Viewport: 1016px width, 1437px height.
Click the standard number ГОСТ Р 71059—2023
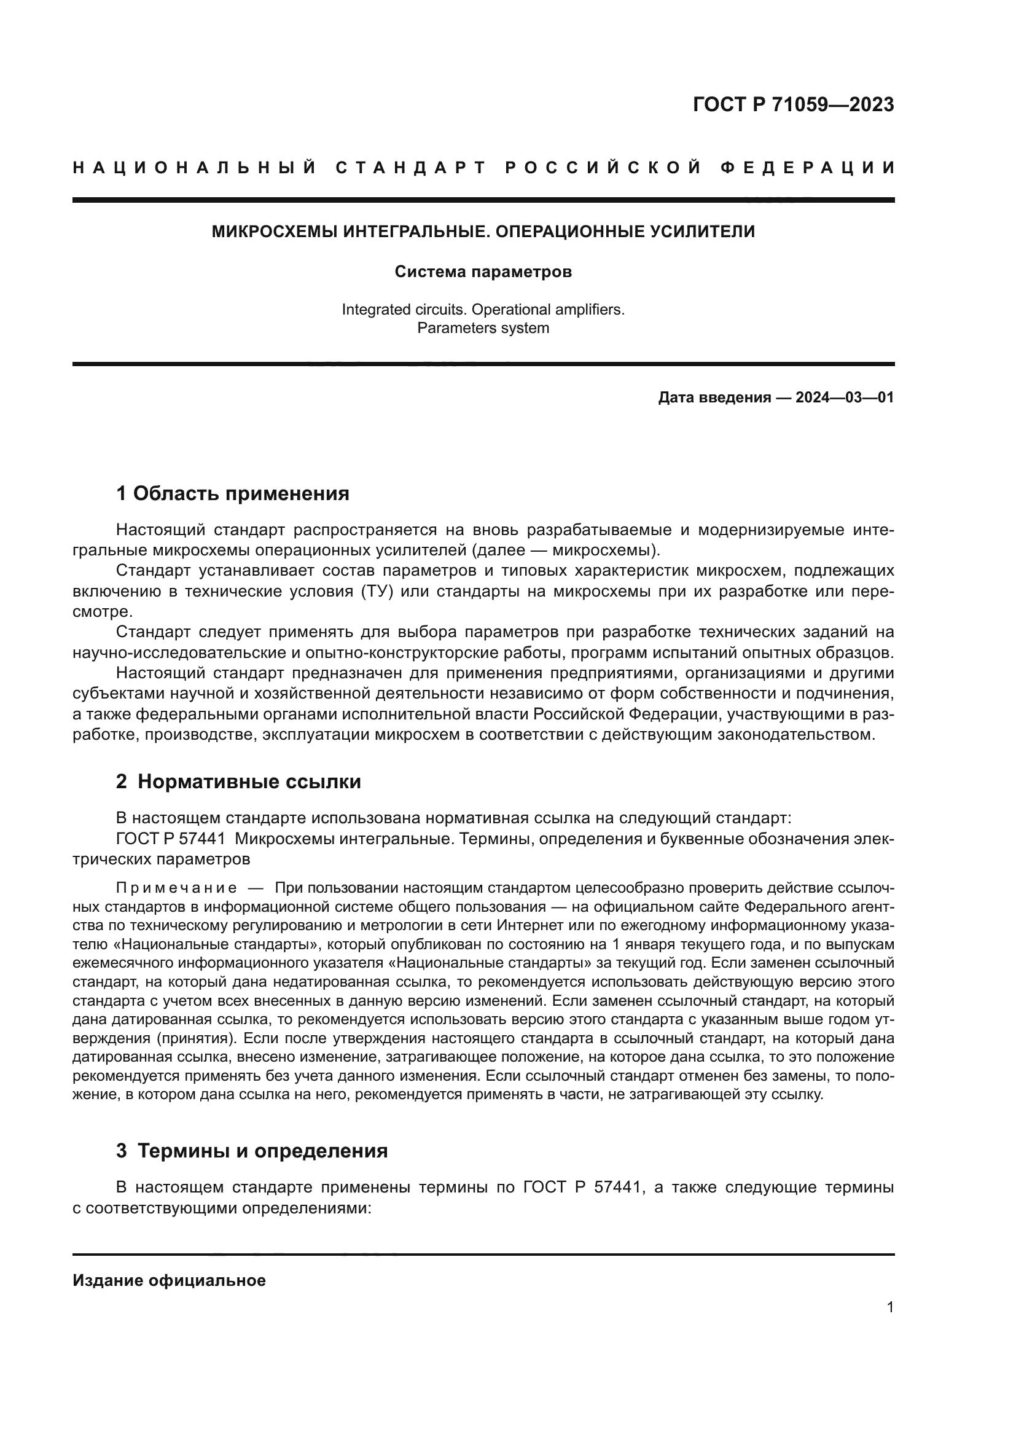point(793,104)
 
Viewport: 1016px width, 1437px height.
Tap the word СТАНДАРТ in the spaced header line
point(411,168)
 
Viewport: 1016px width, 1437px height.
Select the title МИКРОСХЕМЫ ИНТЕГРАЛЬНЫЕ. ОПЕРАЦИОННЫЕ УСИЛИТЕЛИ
point(483,232)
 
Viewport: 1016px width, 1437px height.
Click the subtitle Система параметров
point(483,272)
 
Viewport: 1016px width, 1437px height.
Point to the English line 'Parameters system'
point(483,328)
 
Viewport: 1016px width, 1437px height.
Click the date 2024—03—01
point(845,397)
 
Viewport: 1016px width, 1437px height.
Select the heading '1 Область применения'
point(233,494)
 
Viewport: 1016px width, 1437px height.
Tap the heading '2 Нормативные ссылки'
point(238,781)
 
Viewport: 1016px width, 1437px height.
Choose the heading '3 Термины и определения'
point(251,1151)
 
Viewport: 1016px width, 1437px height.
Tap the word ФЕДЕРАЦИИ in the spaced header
point(808,168)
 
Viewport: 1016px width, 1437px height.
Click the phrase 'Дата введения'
point(714,397)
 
